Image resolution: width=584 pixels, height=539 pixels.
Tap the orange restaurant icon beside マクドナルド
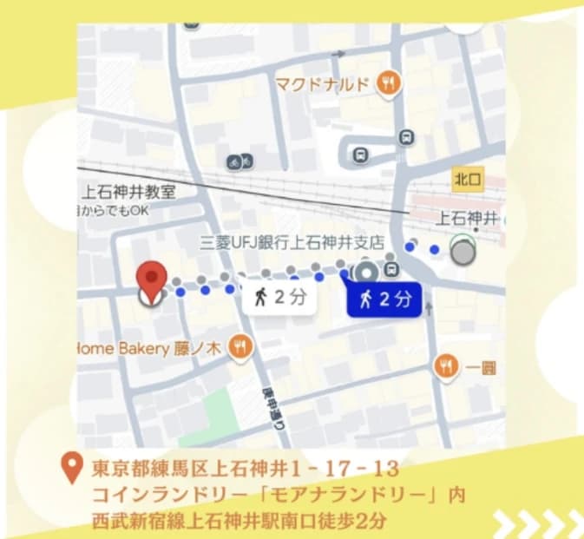point(388,84)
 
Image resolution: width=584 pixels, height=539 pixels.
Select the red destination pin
point(153,280)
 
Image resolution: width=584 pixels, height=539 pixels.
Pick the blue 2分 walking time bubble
point(384,300)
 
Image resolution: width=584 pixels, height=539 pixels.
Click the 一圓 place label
point(481,368)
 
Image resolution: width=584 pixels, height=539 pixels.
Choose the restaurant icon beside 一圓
point(446,366)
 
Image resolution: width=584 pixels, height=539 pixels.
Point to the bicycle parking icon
point(240,161)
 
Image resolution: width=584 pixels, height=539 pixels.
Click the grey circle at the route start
point(464,252)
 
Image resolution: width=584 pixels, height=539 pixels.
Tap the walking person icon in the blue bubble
point(365,300)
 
